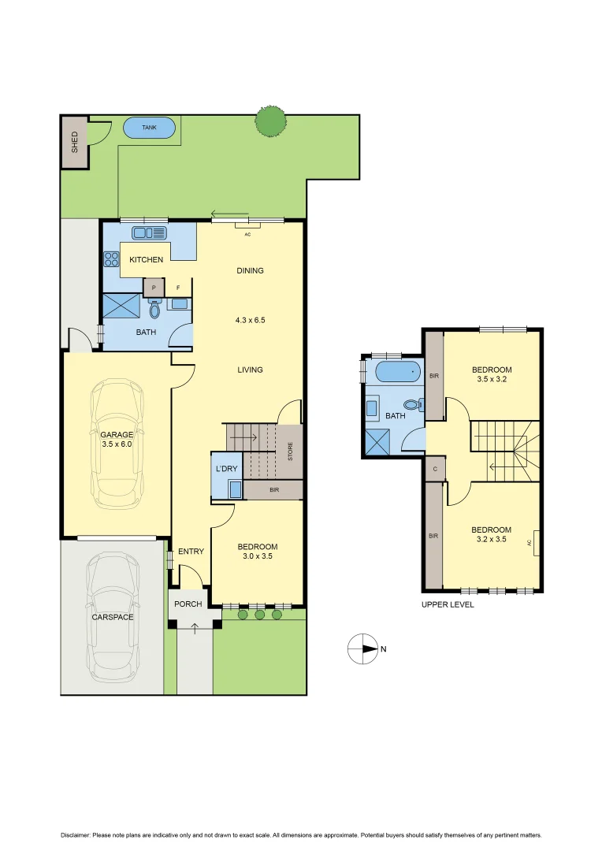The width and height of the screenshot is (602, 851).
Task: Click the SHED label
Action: (x=75, y=142)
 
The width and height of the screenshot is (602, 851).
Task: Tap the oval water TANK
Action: (x=150, y=127)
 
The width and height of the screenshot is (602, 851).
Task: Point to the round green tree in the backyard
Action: (x=270, y=121)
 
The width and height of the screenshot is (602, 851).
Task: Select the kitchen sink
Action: (x=149, y=232)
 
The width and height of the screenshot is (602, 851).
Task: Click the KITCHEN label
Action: (x=147, y=259)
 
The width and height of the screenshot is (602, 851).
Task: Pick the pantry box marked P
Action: (x=154, y=288)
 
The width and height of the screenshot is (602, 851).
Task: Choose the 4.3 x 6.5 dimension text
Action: (x=250, y=321)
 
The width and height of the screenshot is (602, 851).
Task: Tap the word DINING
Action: (x=250, y=270)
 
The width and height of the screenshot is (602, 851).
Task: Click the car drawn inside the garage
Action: (x=117, y=444)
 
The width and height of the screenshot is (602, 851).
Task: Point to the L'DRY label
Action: (x=226, y=469)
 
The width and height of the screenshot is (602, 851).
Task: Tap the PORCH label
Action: (x=188, y=604)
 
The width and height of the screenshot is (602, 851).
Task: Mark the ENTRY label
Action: (x=191, y=551)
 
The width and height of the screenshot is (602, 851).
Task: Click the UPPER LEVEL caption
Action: (x=448, y=604)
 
